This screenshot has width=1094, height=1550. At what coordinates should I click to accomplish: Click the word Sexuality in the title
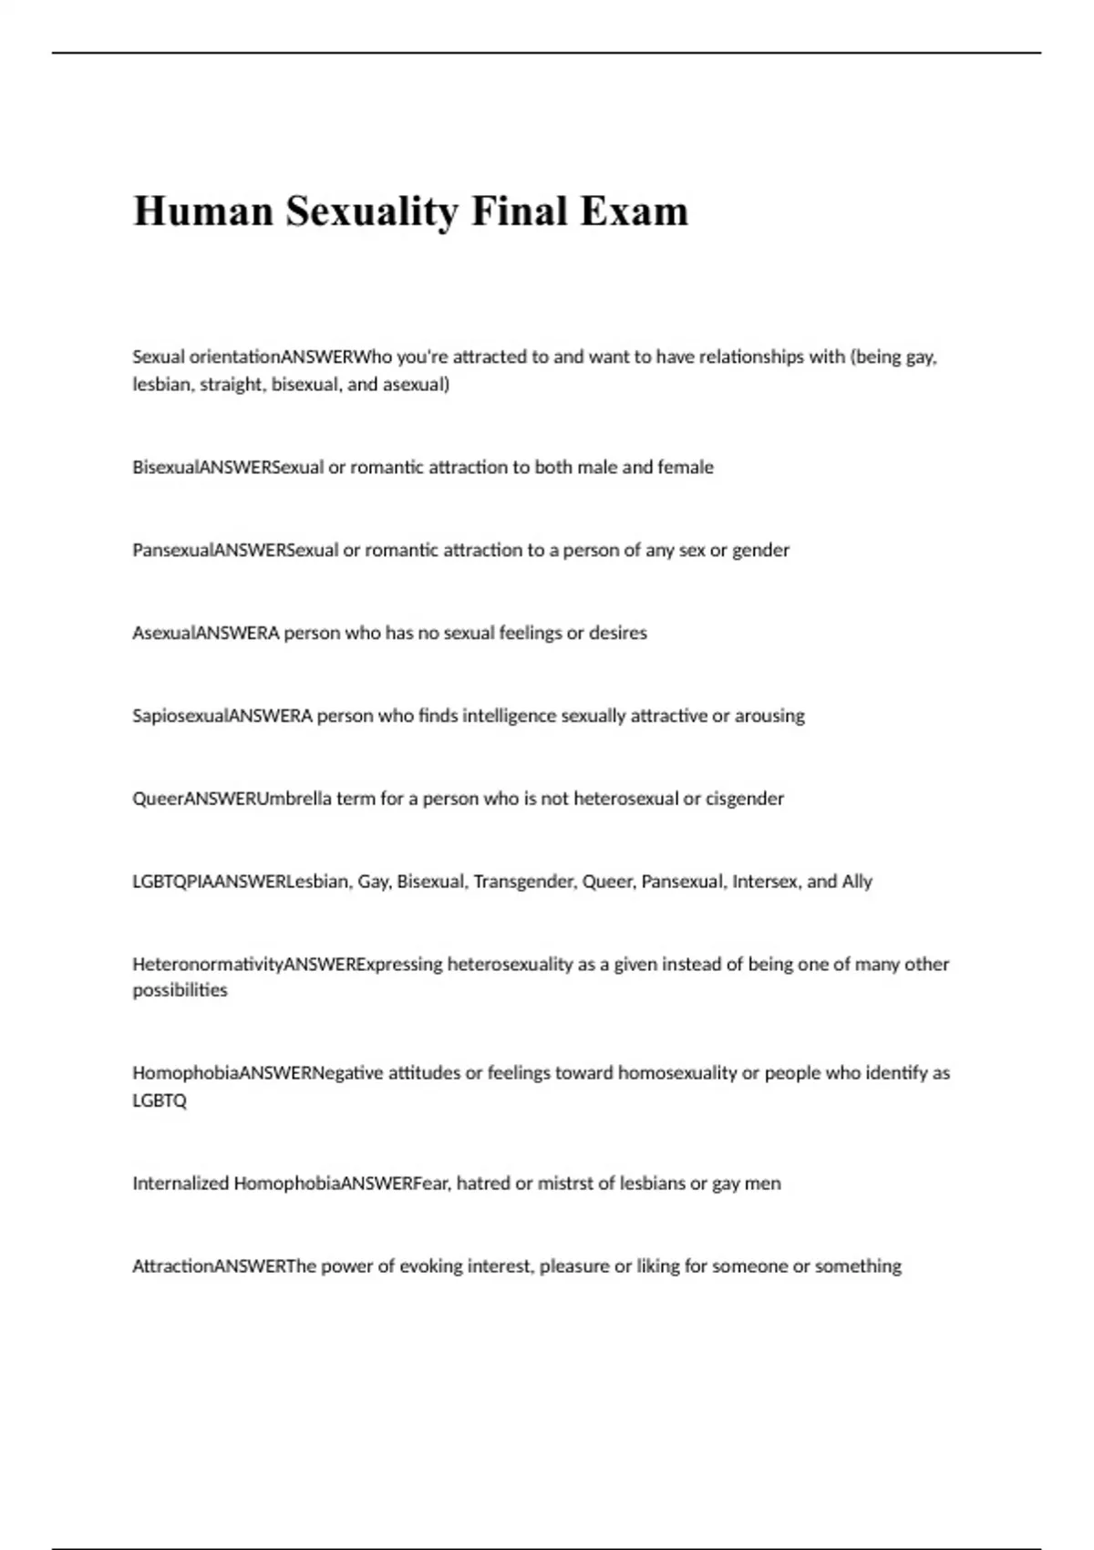point(373,212)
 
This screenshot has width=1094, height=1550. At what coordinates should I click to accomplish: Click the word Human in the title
point(203,212)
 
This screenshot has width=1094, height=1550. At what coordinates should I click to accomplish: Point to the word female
point(686,467)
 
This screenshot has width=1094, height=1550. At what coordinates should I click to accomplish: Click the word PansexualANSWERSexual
point(235,550)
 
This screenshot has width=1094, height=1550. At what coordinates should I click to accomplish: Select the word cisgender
point(745,799)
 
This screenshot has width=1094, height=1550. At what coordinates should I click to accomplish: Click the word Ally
point(857,882)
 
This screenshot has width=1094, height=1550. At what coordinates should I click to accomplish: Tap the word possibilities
point(180,990)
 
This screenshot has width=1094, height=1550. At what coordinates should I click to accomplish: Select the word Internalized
point(180,1183)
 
